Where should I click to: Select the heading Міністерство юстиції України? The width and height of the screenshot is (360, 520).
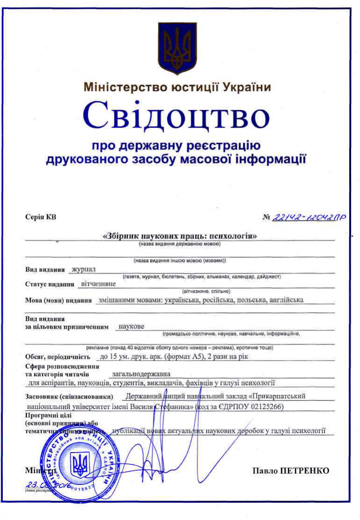tap(177, 88)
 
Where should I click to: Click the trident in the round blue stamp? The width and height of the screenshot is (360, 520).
tap(79, 465)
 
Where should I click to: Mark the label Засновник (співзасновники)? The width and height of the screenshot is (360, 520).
tap(69, 397)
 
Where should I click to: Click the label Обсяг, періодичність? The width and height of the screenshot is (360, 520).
tap(57, 357)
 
